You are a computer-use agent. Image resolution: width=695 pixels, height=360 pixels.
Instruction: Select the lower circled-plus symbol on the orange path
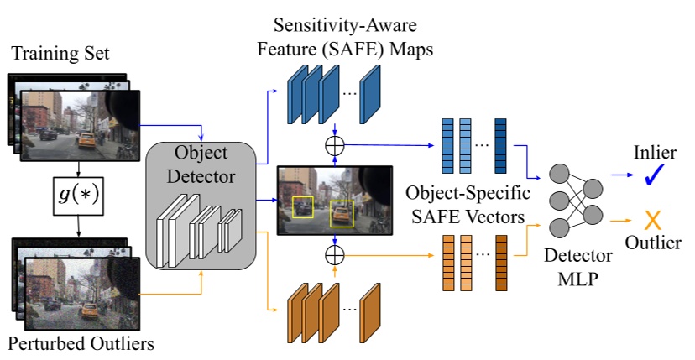pos(335,253)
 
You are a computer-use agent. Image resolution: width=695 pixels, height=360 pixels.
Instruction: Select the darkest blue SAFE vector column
pos(500,146)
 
